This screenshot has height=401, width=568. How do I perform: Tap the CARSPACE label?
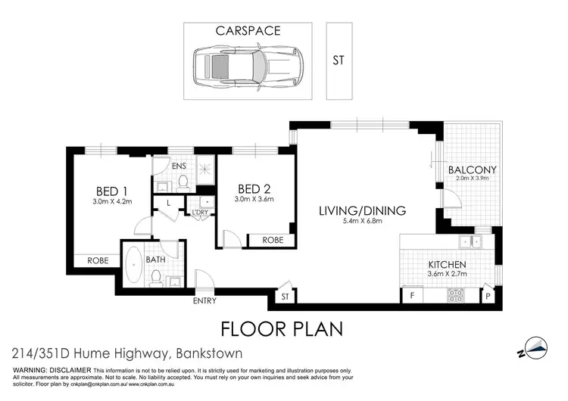pos(247,32)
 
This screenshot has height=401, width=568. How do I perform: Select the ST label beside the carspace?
pos(339,61)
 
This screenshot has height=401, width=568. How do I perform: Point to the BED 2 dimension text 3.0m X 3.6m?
pos(254,200)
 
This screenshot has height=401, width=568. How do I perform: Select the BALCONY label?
pos(471,169)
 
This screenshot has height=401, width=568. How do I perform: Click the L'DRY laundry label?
pos(201,213)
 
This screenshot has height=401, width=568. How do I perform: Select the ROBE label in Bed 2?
pos(273,240)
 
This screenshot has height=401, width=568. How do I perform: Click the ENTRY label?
pos(204,300)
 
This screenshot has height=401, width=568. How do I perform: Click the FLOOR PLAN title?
pos(282,329)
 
